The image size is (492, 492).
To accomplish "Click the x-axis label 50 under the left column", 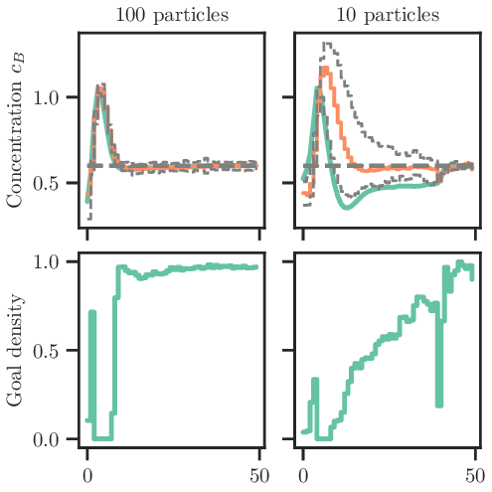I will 258,475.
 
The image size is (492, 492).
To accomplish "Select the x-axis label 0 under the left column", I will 87,475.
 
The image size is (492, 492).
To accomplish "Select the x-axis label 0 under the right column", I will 304,475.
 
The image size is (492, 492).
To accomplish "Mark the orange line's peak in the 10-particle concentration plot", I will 323,69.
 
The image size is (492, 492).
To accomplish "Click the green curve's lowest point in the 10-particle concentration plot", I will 346,207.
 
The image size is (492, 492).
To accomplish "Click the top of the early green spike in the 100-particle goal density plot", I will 92,312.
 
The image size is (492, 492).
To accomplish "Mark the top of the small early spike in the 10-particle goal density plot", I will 315,380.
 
